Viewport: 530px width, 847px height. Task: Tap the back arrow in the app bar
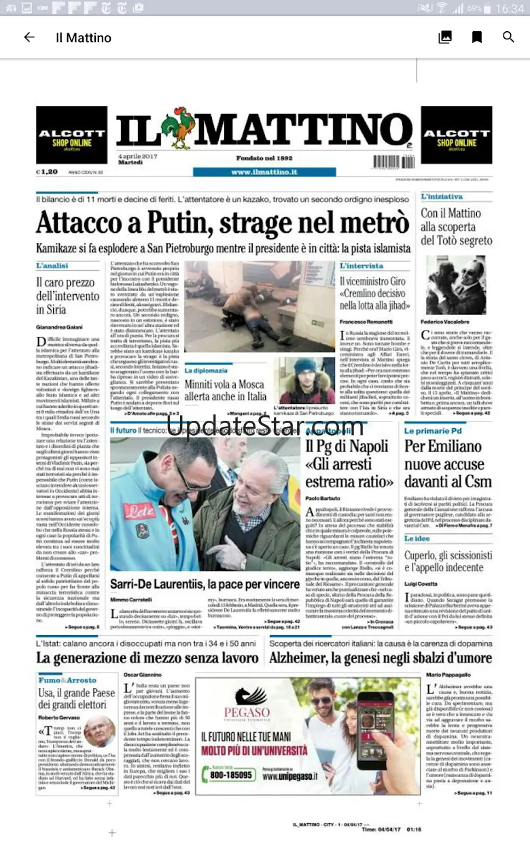[x=29, y=37]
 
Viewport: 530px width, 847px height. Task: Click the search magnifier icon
[x=508, y=37]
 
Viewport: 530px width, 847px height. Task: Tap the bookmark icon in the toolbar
[x=477, y=37]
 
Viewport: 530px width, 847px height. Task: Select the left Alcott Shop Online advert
[x=71, y=135]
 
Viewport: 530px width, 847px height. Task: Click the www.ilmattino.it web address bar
[x=264, y=172]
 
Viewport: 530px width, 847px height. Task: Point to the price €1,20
[x=47, y=172]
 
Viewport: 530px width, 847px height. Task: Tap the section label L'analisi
[x=52, y=265]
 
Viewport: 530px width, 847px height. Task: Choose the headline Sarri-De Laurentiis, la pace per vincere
[x=205, y=583]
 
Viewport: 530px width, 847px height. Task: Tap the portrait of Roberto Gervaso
[x=99, y=730]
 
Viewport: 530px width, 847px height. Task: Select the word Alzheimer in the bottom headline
[x=300, y=658]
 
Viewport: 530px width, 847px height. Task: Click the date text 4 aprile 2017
[x=137, y=157]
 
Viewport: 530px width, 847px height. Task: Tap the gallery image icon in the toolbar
[x=445, y=37]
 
